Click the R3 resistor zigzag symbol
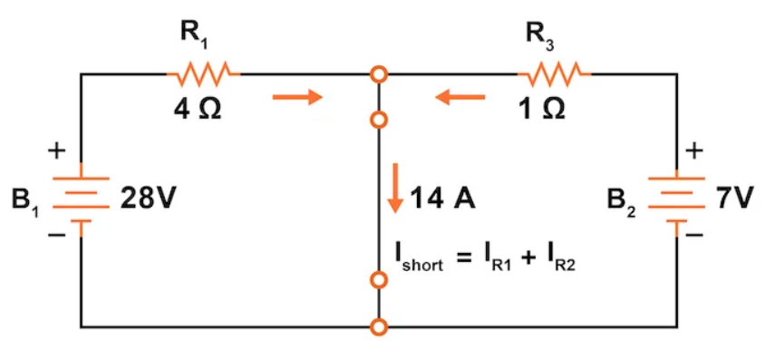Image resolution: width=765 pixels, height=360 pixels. (x=554, y=71)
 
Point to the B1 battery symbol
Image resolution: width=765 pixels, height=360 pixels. (x=82, y=199)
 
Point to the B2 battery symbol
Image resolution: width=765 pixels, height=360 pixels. (x=676, y=199)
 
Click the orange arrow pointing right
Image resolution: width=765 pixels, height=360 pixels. (x=297, y=96)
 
